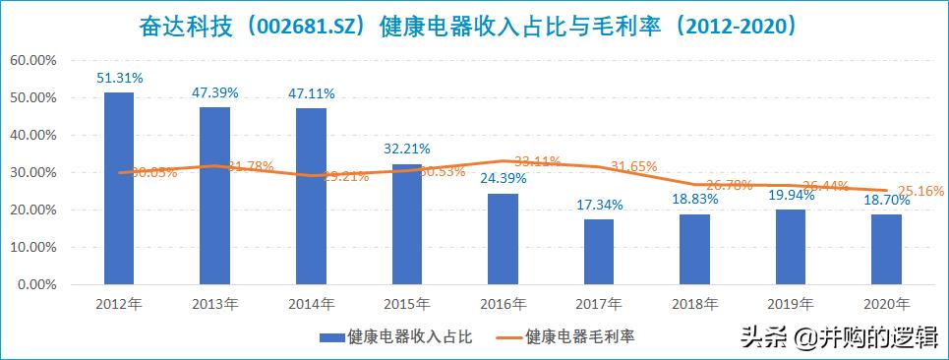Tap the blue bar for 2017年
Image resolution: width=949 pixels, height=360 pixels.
point(599,252)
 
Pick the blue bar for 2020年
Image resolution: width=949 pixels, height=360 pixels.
point(887,250)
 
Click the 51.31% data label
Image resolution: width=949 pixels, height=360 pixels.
point(119,77)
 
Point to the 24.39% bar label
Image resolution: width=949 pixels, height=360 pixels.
point(504,179)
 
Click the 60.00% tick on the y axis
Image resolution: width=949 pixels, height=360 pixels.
point(32,60)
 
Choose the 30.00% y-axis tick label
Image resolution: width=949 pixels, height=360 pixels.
point(32,173)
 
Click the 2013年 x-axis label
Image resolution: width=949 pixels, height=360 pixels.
point(215,304)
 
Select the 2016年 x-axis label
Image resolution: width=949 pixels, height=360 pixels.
point(504,304)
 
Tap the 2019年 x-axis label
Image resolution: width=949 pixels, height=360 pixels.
point(792,304)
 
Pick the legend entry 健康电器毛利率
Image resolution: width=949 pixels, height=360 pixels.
point(579,336)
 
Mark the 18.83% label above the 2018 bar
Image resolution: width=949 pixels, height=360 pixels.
point(695,200)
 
